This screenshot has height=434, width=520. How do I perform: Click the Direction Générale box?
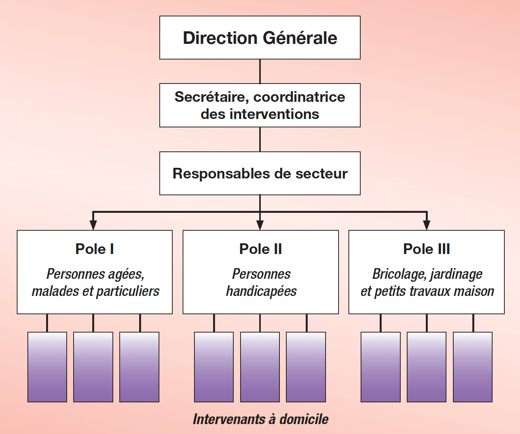tap(260, 38)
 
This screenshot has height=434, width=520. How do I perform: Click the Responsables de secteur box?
tap(260, 174)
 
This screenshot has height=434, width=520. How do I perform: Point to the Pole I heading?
tap(95, 249)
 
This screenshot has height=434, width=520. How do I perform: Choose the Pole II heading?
tap(260, 249)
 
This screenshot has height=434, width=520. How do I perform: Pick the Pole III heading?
tap(426, 249)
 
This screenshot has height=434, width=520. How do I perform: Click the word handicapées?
tap(261, 291)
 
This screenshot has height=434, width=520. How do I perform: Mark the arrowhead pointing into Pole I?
tap(93, 225)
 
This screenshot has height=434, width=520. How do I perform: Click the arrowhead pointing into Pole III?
tap(427, 225)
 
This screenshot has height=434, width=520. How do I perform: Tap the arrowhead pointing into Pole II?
tap(260, 225)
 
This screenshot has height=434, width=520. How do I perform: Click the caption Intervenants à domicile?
tap(260, 419)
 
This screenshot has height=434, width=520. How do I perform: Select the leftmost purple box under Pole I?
tap(47, 367)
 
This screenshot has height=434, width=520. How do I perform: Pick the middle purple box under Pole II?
tap(260, 367)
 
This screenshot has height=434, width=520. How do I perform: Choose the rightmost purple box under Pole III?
tap(473, 367)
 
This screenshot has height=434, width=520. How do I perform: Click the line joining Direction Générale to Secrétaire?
tap(260, 71)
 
